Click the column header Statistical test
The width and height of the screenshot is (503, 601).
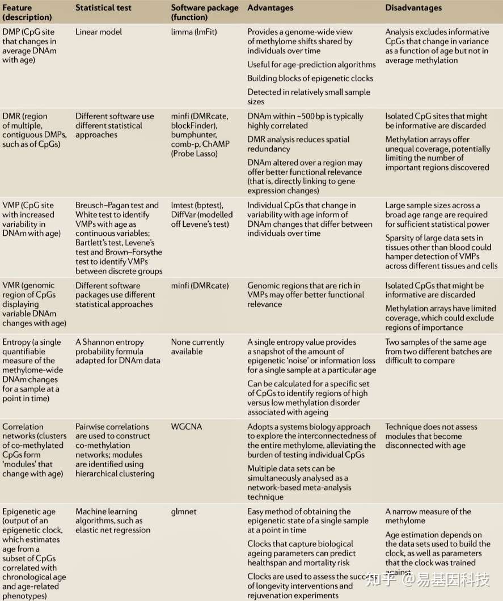104,9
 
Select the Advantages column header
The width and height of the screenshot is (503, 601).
270,9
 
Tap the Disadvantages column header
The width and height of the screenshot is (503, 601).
413,9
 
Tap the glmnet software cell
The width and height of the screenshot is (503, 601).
184,511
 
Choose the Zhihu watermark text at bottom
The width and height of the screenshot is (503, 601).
428,579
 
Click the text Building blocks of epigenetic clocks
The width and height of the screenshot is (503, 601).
310,78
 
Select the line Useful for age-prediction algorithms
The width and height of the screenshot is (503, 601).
311,65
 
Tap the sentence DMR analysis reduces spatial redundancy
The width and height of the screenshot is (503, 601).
298,144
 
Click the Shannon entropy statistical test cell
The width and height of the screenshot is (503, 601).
117,352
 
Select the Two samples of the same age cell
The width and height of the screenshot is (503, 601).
438,352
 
